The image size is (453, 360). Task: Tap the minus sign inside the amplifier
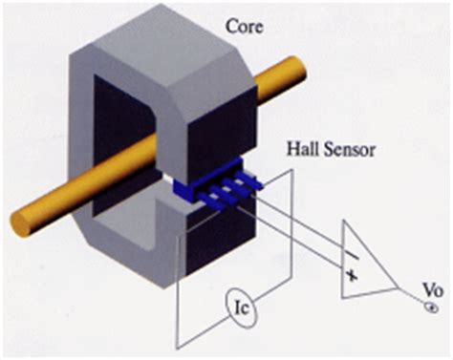tap(353, 249)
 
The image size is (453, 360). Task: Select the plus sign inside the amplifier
tap(352, 275)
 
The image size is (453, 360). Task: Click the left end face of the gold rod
tap(21, 222)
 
